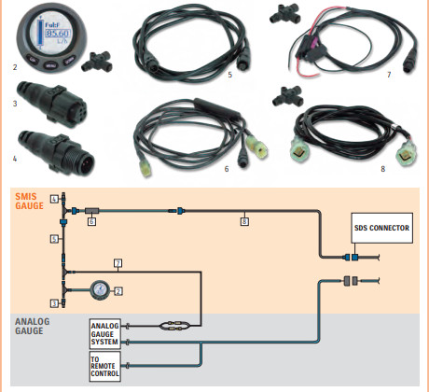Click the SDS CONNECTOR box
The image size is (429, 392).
coord(382,228)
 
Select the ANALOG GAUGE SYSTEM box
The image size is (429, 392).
coord(105,334)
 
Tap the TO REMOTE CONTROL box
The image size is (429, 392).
coord(105,367)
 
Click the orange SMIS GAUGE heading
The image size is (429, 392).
coord(30,201)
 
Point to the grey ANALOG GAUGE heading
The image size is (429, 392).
coord(33,326)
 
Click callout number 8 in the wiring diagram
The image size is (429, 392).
coord(244,221)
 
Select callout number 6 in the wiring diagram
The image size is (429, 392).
coord(91,221)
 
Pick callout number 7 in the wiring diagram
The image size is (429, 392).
coord(118,263)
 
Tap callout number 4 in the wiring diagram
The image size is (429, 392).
coord(54,199)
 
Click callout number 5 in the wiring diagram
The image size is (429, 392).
coord(54,239)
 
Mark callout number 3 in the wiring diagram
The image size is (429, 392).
coord(54,303)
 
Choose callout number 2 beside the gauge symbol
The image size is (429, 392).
coord(118,291)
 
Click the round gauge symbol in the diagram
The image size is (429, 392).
coord(100,290)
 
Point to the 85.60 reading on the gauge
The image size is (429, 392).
coord(58,34)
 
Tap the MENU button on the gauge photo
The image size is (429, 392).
coord(50,65)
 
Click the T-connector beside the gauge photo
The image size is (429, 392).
coord(97,62)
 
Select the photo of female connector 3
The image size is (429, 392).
coord(51,104)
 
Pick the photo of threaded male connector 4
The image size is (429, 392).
coord(56,153)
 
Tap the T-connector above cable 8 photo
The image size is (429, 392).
coord(288,96)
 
